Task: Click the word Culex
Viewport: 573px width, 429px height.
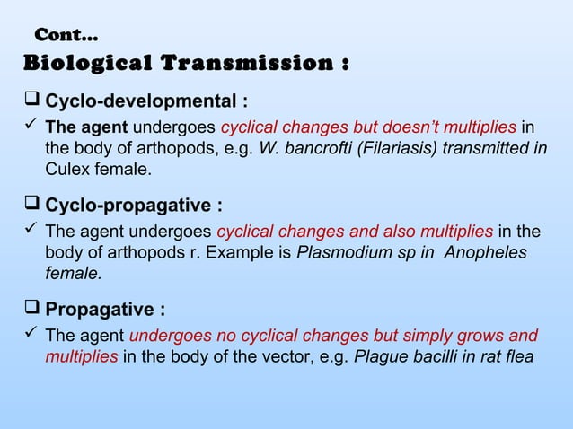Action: [68, 167]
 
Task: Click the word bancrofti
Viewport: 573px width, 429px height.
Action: [314, 146]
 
